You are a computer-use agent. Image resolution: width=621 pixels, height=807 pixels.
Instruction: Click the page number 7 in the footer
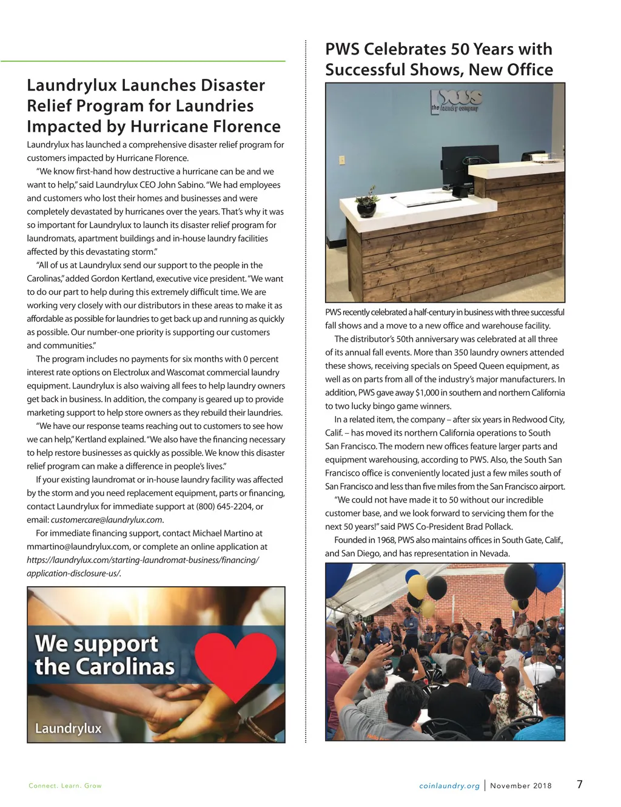[x=579, y=784]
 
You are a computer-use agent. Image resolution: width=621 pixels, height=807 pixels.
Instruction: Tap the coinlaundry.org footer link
[x=449, y=786]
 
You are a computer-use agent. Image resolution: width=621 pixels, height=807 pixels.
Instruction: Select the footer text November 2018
[x=521, y=786]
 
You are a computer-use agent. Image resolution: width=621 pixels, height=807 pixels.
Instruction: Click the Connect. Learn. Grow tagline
[x=65, y=786]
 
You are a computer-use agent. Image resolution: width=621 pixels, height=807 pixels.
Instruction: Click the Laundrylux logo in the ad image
[x=68, y=728]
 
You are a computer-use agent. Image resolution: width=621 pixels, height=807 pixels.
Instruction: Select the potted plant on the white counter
[x=366, y=204]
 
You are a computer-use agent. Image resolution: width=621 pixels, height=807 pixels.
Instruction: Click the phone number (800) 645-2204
[x=224, y=507]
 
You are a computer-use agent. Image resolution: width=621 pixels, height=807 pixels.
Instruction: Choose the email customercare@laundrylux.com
[x=107, y=520]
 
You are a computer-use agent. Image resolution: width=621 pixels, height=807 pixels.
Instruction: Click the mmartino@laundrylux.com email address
[x=78, y=547]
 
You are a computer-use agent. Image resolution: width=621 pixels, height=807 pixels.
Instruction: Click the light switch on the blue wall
[x=342, y=160]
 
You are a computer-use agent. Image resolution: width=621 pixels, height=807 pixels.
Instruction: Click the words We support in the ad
[x=96, y=643]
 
